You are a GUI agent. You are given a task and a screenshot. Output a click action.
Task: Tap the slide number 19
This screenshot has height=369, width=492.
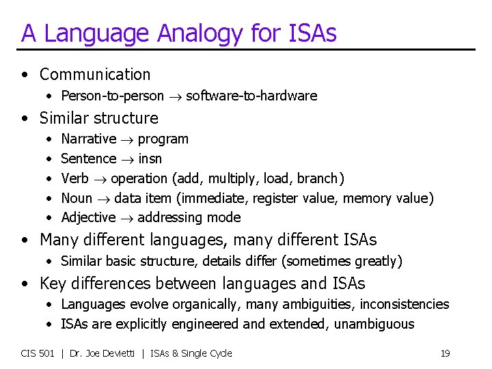(445, 353)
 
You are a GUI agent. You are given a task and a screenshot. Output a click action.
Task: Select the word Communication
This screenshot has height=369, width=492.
(95, 74)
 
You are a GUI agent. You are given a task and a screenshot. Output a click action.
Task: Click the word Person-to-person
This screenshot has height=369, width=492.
(112, 96)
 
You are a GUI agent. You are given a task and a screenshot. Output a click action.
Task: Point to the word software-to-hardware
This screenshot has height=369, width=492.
(251, 96)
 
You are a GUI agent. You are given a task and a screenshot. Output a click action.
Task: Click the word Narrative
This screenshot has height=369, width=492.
(88, 139)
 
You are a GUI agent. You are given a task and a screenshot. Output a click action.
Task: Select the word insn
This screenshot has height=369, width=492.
(150, 159)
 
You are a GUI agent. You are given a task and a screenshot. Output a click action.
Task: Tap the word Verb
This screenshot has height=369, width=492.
(74, 178)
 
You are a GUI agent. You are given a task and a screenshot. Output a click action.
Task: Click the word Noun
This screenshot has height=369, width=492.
(77, 198)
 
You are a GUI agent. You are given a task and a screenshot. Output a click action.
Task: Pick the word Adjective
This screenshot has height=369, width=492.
(88, 218)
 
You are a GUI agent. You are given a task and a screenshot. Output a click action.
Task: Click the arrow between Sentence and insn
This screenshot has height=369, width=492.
(127, 159)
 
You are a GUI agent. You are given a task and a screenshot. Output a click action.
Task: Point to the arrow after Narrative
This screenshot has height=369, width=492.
(127, 139)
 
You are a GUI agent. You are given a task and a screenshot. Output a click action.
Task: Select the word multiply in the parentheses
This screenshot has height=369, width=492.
(232, 178)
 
